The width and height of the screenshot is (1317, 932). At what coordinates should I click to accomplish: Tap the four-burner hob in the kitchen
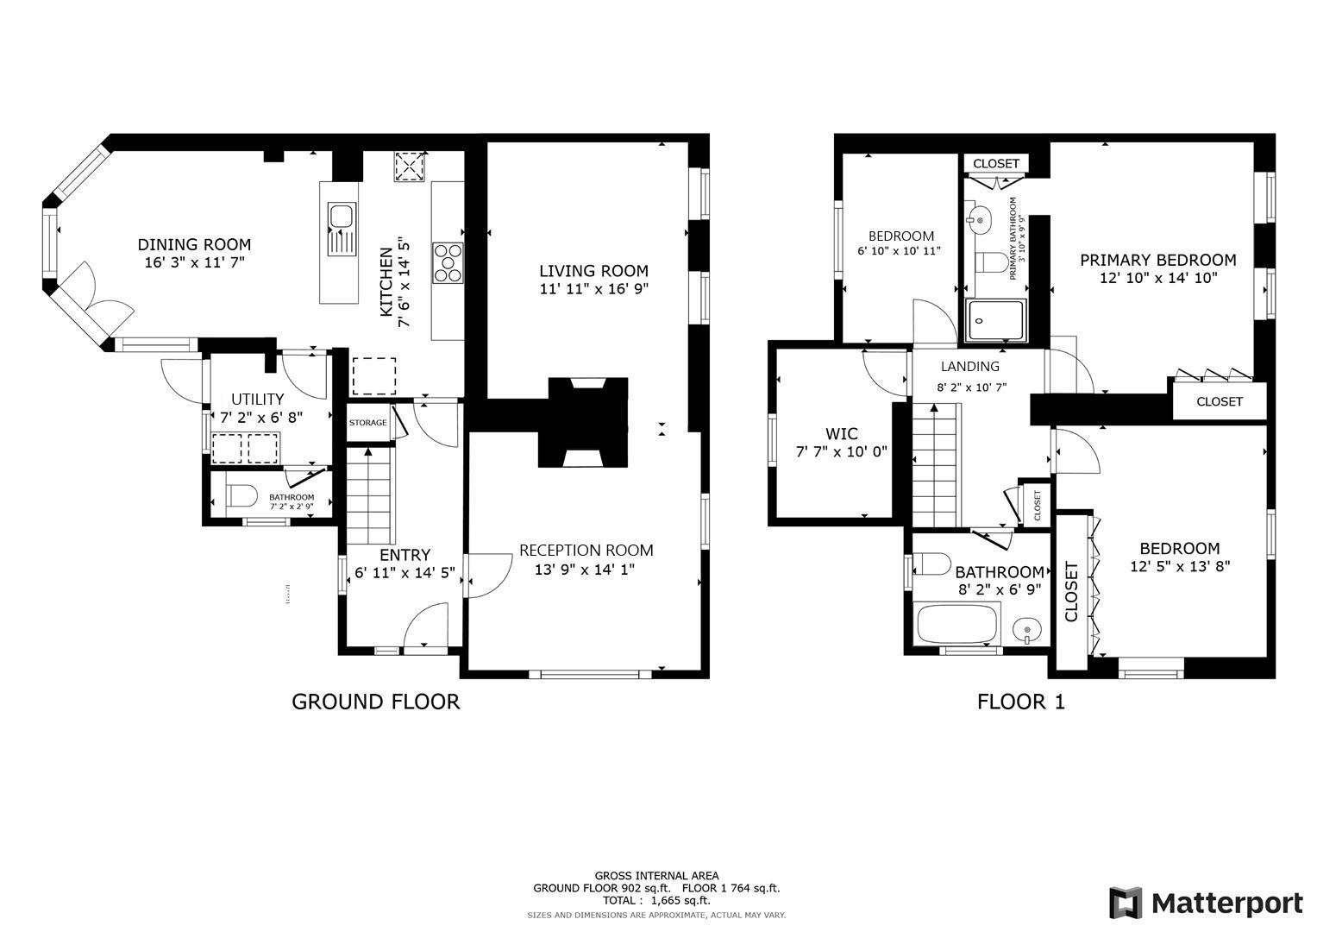click(448, 262)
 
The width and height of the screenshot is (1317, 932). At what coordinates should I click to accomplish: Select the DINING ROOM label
click(194, 245)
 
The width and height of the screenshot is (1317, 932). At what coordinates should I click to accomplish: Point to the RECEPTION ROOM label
click(586, 551)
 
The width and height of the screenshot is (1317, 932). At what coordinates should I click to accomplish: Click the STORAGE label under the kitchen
click(367, 423)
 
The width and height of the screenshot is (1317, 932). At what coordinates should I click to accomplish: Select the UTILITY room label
click(257, 400)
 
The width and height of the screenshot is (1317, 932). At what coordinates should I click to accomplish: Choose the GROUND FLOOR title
click(375, 702)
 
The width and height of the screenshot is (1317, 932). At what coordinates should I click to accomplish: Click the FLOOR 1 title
click(1020, 702)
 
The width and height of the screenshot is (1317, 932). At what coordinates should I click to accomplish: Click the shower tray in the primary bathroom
click(995, 320)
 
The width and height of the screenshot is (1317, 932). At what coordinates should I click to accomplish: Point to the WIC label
click(841, 434)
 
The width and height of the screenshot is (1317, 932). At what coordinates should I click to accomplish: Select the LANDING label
click(969, 367)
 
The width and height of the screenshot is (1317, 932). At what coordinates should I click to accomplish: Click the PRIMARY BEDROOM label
click(1157, 260)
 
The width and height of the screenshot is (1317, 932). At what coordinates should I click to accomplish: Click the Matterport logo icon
click(1126, 903)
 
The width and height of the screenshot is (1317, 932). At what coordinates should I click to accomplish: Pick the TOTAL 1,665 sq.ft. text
click(656, 900)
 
